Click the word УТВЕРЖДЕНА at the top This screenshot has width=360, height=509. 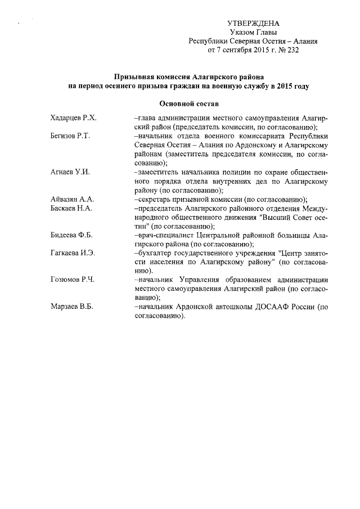pos(253,24)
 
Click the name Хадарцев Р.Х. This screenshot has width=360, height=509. pos(74,119)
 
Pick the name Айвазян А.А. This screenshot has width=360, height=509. pos(71,200)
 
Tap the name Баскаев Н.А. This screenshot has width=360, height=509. pos(71,209)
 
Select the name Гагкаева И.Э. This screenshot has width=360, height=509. pos(73,253)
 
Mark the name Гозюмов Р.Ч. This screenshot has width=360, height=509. pos(72,279)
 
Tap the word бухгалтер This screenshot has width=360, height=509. pos(155,253)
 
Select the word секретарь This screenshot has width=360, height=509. pos(155,200)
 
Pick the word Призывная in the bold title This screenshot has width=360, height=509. pos(136,76)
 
